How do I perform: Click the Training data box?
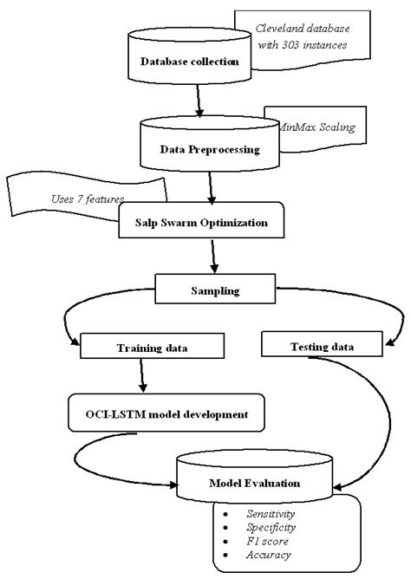[145, 348]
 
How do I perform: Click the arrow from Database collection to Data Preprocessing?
[200, 101]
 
